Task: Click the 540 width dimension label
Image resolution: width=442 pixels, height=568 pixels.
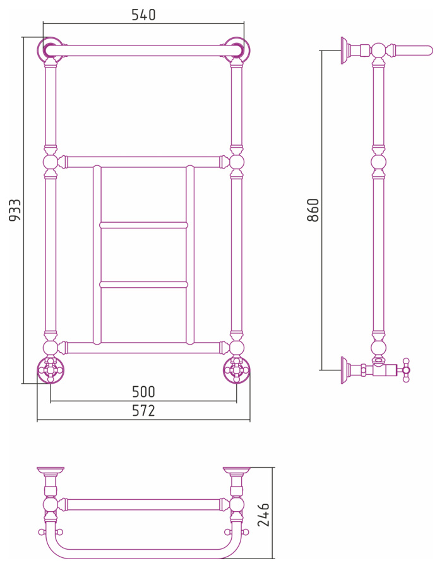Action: tap(143, 15)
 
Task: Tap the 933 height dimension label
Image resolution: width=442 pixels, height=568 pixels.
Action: tap(15, 210)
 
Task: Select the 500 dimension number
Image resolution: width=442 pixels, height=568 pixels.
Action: tap(143, 391)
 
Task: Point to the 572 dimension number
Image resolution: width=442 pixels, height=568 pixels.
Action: tap(143, 410)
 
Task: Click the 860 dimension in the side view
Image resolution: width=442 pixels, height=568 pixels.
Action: tap(313, 210)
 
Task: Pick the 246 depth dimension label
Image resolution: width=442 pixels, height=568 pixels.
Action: tap(263, 515)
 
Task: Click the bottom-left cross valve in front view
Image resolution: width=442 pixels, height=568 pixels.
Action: tap(51, 370)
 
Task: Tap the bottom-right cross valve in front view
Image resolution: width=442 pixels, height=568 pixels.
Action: tap(237, 370)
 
